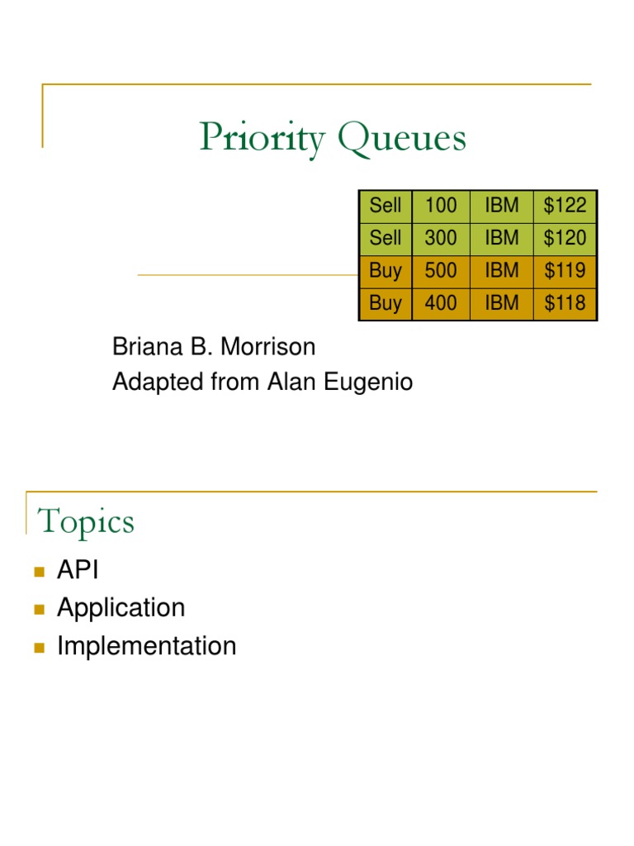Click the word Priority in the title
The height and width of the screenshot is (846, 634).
(x=262, y=139)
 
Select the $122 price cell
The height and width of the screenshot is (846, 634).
(x=565, y=206)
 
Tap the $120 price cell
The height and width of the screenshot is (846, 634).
(x=565, y=239)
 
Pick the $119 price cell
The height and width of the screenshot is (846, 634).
(x=565, y=271)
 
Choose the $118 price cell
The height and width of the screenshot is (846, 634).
(x=565, y=303)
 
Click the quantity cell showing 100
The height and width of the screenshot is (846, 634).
(x=440, y=206)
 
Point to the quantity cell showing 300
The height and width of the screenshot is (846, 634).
(x=440, y=239)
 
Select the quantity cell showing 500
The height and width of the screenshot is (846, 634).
(x=440, y=271)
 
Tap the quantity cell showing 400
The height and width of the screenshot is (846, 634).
(x=440, y=303)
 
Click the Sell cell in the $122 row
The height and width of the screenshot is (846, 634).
(x=386, y=206)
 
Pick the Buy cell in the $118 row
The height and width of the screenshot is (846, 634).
(x=386, y=303)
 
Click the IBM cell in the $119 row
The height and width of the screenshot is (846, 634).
(x=502, y=271)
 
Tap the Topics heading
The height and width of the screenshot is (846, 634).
(x=86, y=522)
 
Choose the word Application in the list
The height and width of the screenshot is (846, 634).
(x=121, y=608)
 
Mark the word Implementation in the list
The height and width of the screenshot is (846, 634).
(x=146, y=646)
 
